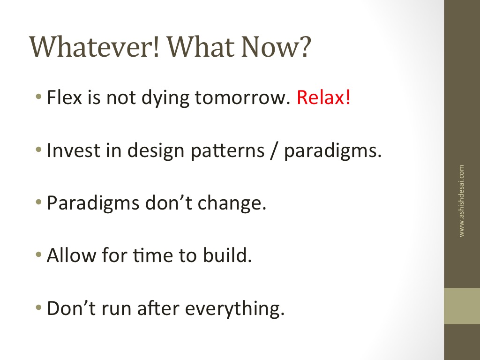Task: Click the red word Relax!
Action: [323, 97]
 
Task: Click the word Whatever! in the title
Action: [95, 47]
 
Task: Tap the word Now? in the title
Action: [276, 47]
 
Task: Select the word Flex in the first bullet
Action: [65, 97]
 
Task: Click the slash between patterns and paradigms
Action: [274, 151]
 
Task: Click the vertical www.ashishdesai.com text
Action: [461, 201]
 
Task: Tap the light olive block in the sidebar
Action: [462, 306]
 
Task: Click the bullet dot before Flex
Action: [38, 97]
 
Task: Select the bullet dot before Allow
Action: [38, 255]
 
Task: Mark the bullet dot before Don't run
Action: [38, 307]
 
